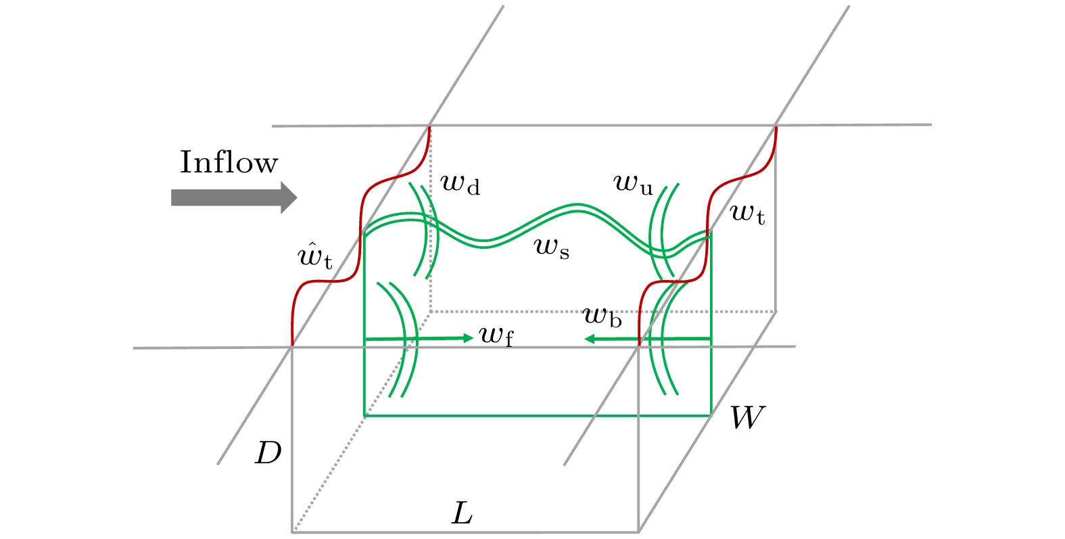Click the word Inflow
pos(229,163)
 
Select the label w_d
pos(460,183)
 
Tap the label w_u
pos(633,183)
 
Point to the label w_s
pos(552,248)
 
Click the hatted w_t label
pos(315,257)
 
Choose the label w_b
pos(602,316)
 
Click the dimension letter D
pos(268,453)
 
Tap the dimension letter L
pos(462,515)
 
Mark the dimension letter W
pos(747,419)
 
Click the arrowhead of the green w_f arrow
pos(467,337)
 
